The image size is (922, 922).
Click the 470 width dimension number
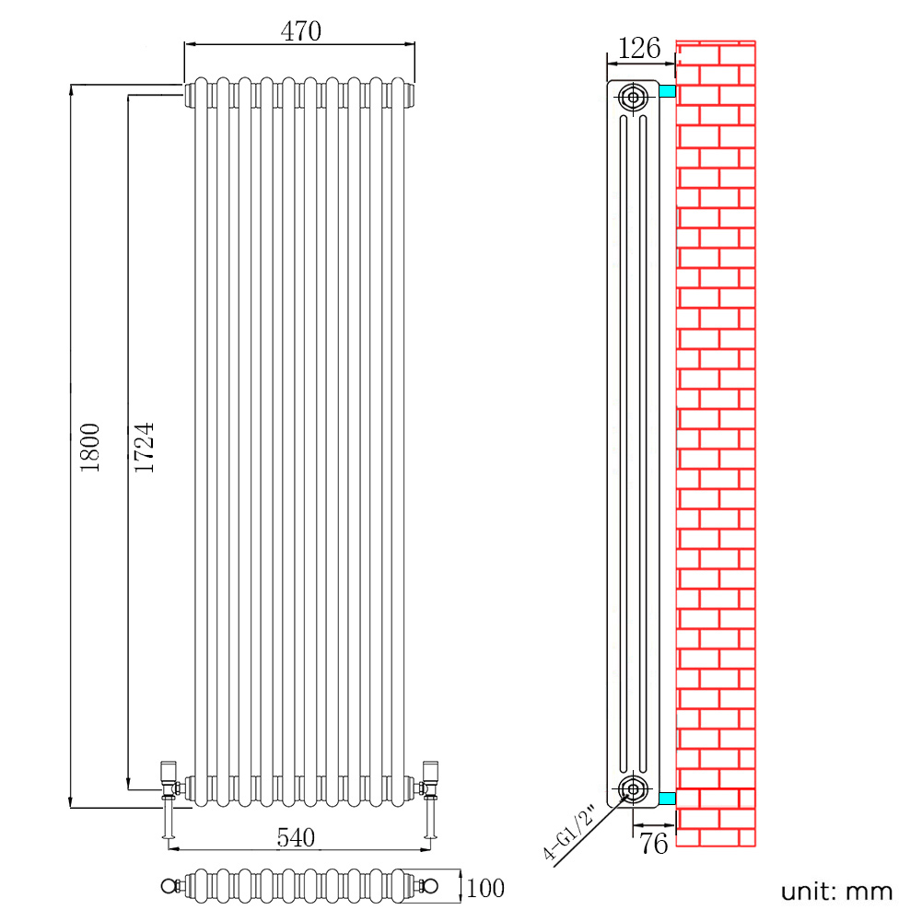point(300,31)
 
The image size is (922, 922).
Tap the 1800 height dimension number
point(90,448)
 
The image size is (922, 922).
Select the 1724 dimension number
point(144,448)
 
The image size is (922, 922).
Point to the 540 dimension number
point(296,837)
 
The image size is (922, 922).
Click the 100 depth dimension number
point(485,888)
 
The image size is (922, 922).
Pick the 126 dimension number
point(639,48)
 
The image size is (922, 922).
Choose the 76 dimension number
point(653,844)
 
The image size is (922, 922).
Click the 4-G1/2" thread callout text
point(568,834)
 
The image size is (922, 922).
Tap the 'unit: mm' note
point(836,892)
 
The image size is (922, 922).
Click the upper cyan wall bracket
point(668,91)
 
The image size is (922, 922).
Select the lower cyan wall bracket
point(668,798)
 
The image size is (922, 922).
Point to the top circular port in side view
point(634,97)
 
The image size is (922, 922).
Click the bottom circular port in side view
point(634,788)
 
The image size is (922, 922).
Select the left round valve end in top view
point(169,886)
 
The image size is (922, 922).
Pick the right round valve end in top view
point(430,886)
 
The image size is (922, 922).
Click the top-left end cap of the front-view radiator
point(189,95)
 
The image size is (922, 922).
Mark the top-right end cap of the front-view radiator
point(410,95)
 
